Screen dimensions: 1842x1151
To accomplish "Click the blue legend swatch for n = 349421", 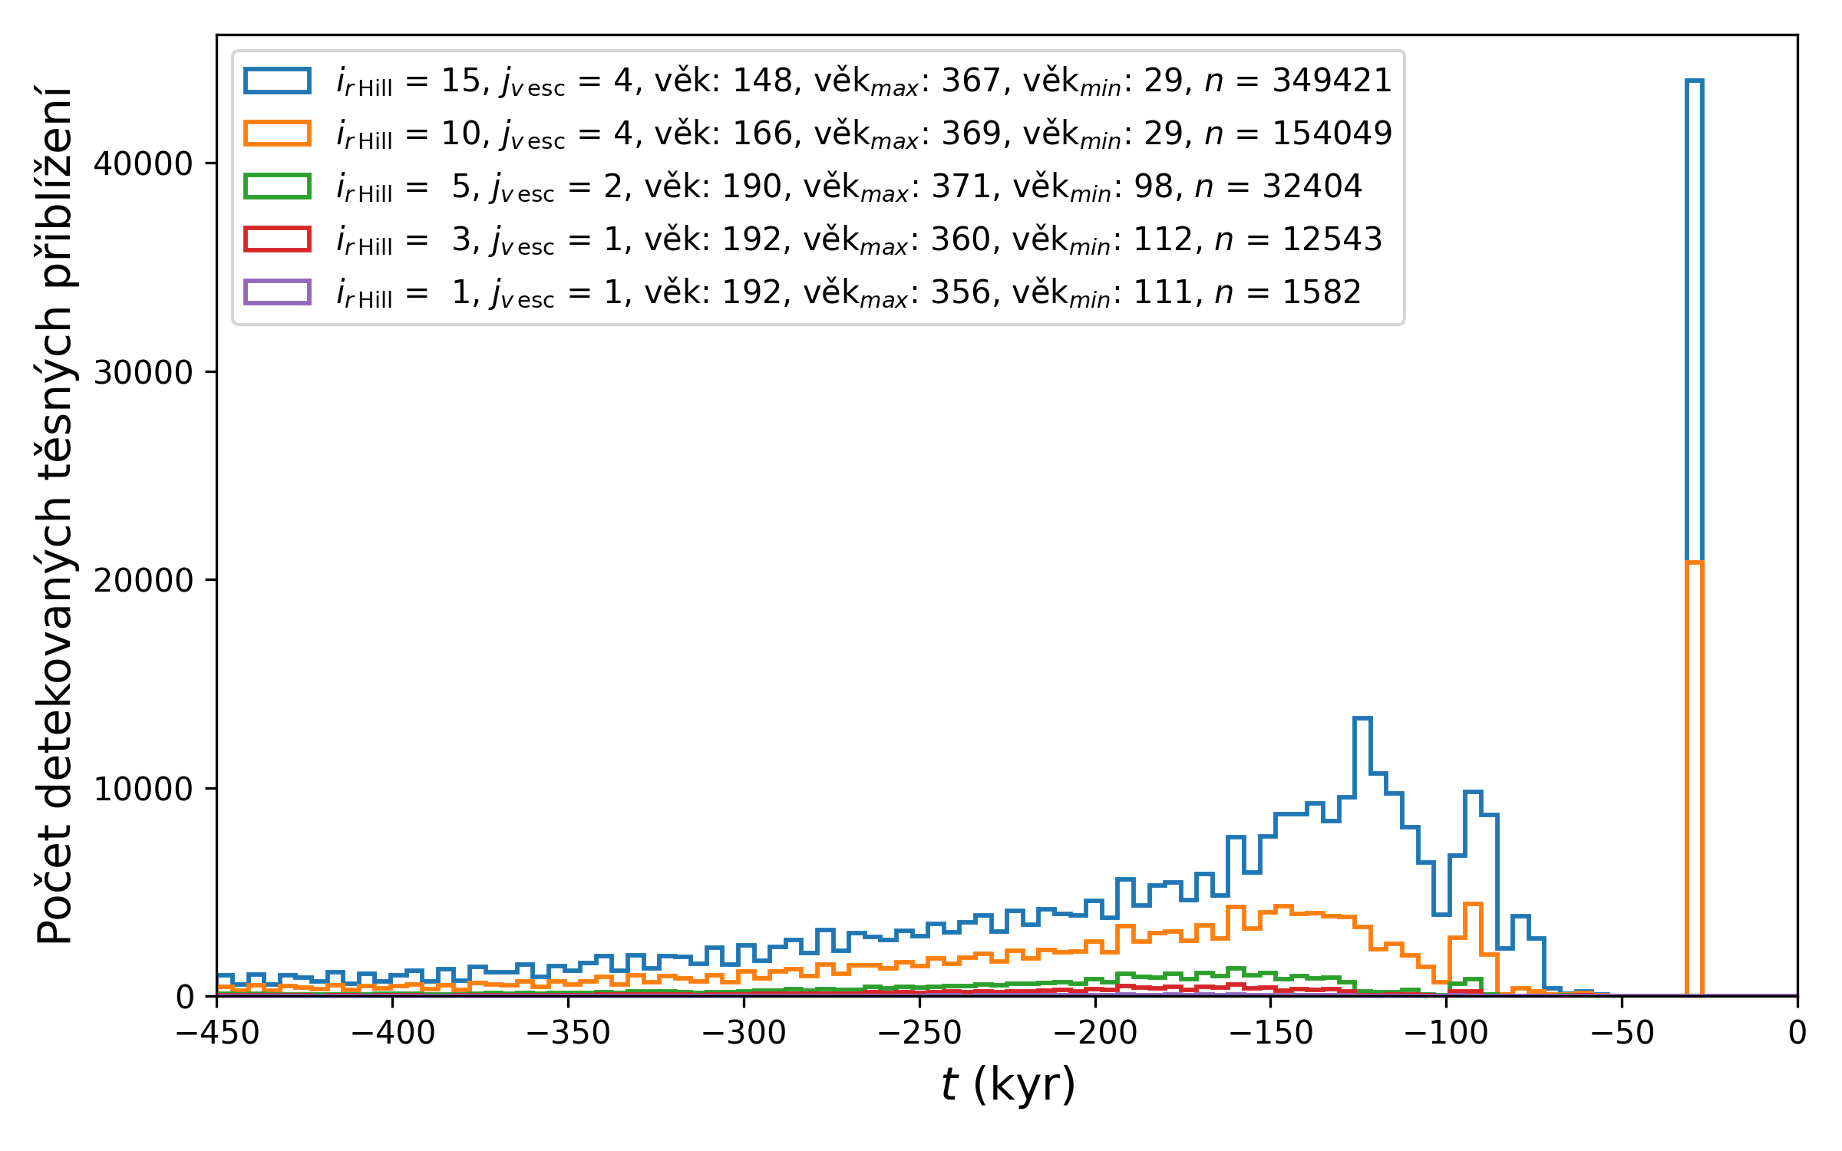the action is click(x=277, y=81).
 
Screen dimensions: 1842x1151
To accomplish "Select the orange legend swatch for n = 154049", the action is click(x=277, y=134).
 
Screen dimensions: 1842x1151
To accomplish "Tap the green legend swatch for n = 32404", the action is click(x=277, y=186).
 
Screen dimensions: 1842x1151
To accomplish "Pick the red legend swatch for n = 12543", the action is click(x=277, y=239).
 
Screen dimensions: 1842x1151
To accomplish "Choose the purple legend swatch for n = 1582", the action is click(x=277, y=292).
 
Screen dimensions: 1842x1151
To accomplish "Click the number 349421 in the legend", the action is click(x=1332, y=81).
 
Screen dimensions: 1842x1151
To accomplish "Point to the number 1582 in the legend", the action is click(x=1322, y=292).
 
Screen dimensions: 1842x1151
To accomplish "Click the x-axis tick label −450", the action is click(x=217, y=1034).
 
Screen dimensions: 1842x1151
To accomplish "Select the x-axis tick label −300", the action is click(x=744, y=1034).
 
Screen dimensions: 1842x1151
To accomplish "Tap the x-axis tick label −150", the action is click(x=1271, y=1034).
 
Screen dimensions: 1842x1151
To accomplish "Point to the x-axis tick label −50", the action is click(x=1622, y=1034).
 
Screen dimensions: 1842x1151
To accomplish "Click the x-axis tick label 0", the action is click(x=1797, y=1034).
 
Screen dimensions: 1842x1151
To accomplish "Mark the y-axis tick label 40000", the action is click(x=143, y=163).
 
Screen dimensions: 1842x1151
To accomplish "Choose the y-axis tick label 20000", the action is click(x=143, y=580).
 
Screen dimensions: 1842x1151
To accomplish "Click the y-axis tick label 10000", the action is click(x=143, y=789).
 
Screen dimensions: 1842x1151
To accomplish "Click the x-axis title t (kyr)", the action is click(x=1008, y=1085).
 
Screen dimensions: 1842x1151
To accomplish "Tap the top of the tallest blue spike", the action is click(x=1694, y=81).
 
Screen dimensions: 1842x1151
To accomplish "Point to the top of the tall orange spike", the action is click(x=1694, y=562).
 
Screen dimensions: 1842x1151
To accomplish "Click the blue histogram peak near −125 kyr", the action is click(x=1362, y=718).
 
